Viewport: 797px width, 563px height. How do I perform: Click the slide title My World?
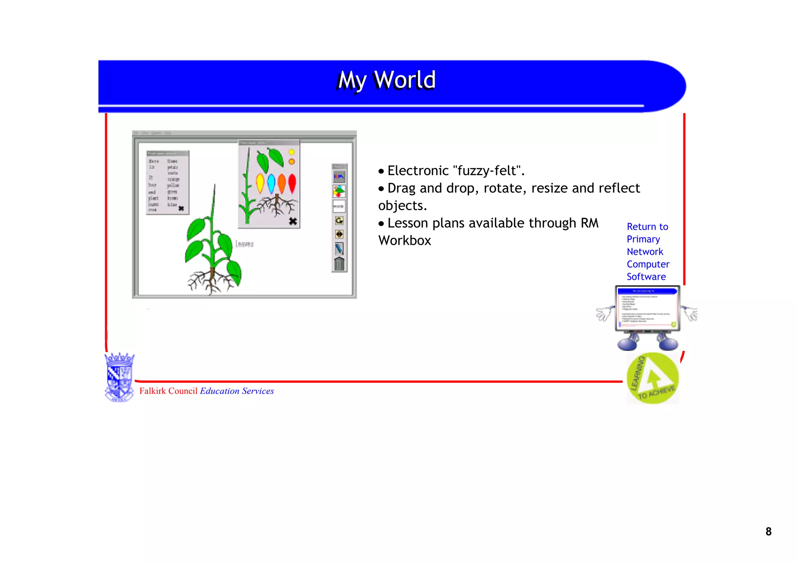(x=386, y=80)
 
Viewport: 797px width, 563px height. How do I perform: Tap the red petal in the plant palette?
(x=292, y=184)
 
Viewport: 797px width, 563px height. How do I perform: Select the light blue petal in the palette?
(x=271, y=184)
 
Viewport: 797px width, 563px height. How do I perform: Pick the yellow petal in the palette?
(x=260, y=183)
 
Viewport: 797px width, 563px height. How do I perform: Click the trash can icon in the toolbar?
(x=339, y=264)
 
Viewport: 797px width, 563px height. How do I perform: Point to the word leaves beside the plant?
(x=244, y=244)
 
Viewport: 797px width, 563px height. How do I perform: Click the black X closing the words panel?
(x=181, y=209)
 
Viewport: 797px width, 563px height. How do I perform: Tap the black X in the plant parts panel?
(x=293, y=221)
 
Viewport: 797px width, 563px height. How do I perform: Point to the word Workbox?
(x=405, y=240)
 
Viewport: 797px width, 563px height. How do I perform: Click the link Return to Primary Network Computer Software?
(x=648, y=251)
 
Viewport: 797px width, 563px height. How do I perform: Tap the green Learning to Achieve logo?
(x=653, y=378)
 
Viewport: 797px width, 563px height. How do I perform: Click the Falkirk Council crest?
(x=119, y=377)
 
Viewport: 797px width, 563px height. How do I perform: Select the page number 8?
(x=768, y=531)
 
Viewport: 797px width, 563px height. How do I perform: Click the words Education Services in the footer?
(x=237, y=391)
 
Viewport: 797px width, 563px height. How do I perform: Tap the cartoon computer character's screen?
(x=648, y=308)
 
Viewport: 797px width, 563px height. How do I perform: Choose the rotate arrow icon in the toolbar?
(x=339, y=221)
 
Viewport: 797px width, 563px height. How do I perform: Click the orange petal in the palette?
(x=282, y=184)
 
